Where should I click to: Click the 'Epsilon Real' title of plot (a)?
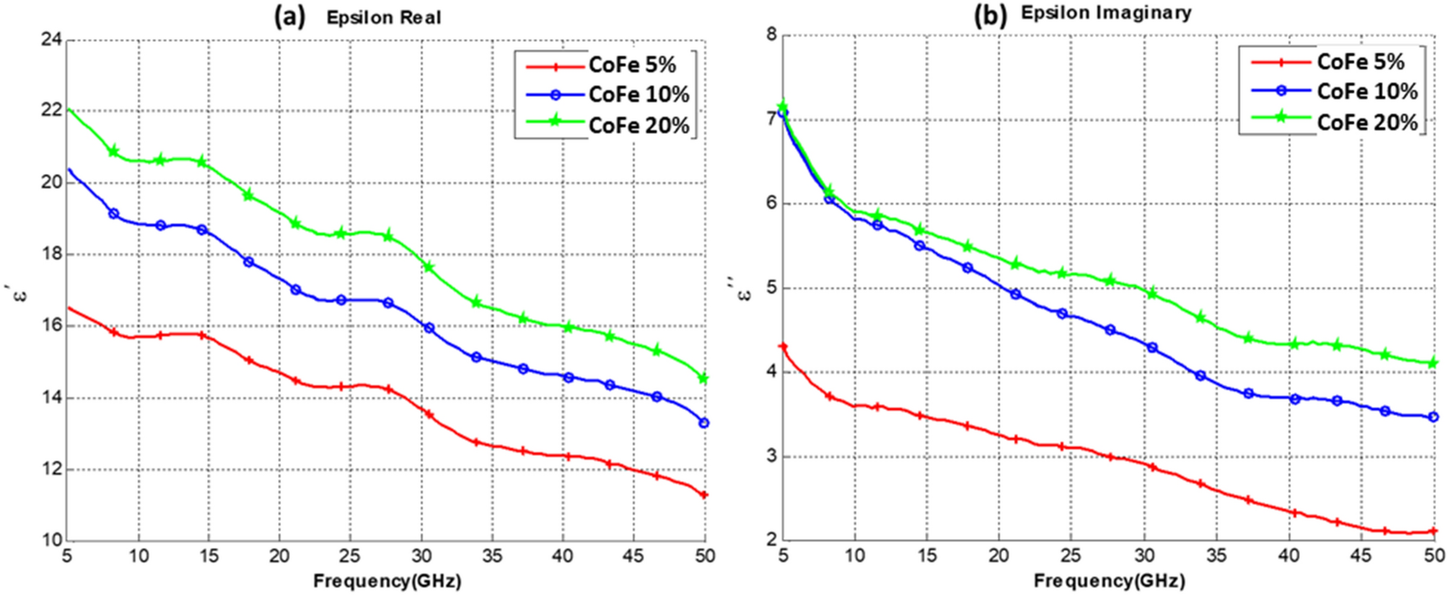(x=383, y=17)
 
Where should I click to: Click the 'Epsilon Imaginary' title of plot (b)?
(x=1106, y=13)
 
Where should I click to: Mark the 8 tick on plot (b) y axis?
(x=771, y=35)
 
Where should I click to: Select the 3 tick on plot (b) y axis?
(x=771, y=456)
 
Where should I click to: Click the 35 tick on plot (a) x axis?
(x=491, y=556)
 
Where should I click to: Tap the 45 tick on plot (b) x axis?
(x=1361, y=556)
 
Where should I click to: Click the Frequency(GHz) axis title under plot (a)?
(x=387, y=581)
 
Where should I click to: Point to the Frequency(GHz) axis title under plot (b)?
(x=1109, y=581)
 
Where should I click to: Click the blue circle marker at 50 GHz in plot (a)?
(x=704, y=422)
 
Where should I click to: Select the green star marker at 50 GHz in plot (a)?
(x=704, y=378)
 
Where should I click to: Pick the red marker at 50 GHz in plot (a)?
(x=704, y=495)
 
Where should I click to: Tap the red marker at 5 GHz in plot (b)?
(x=784, y=347)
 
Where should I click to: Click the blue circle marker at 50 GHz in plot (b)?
(x=1434, y=417)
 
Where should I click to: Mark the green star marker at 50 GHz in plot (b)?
(x=1434, y=362)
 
